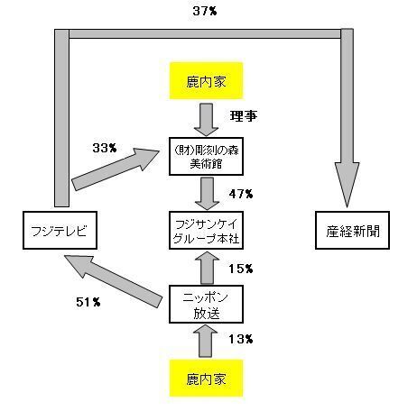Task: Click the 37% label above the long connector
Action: pos(205,11)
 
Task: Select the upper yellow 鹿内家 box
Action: pos(206,81)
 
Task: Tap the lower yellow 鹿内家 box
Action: pos(206,379)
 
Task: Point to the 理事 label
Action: pos(244,115)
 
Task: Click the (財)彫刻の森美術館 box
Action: pos(206,156)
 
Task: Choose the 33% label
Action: pos(105,148)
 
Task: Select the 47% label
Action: pos(241,194)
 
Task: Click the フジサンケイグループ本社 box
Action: pos(206,231)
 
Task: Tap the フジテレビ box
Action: pos(60,231)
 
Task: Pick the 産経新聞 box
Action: pos(352,231)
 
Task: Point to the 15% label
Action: pos(241,269)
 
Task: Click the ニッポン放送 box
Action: pos(206,305)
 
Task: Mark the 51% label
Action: pos(88,302)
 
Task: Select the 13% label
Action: pos(241,339)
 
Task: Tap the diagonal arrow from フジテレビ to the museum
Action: pos(116,169)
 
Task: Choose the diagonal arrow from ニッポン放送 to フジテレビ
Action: pos(114,281)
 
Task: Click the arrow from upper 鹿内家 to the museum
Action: pos(206,120)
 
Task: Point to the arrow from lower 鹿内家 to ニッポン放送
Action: pos(206,342)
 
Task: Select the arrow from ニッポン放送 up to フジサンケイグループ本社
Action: pos(207,268)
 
